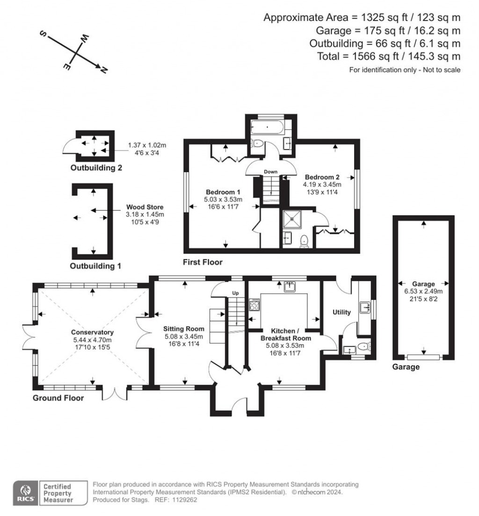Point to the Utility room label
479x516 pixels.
coord(341,312)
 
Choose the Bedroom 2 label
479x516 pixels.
coord(322,177)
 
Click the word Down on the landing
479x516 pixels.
coord(270,172)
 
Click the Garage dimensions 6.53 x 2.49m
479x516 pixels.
coord(423,291)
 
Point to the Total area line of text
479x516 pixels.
coord(401,56)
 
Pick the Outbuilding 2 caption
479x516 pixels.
coord(96,168)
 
